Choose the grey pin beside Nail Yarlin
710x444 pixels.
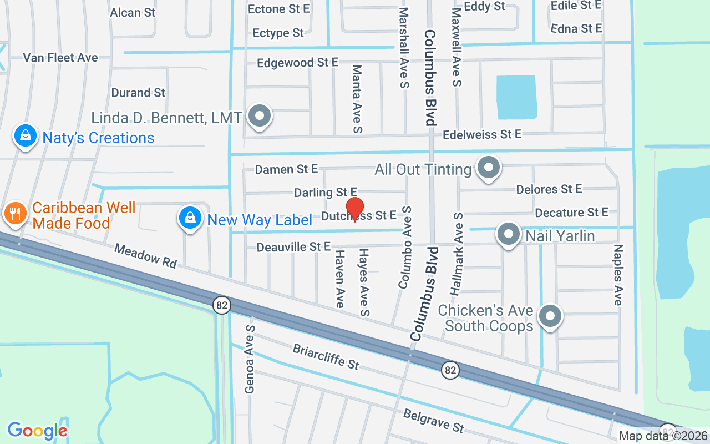pyautogui.click(x=508, y=234)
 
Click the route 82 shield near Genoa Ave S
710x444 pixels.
pyautogui.click(x=222, y=305)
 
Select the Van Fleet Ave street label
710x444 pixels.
pyautogui.click(x=60, y=58)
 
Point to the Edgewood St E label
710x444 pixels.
pyautogui.click(x=297, y=63)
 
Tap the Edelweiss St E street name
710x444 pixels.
pyautogui.click(x=482, y=134)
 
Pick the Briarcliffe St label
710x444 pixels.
pyautogui.click(x=326, y=357)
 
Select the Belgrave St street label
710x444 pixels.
pyautogui.click(x=433, y=421)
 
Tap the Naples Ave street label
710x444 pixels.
pyautogui.click(x=618, y=275)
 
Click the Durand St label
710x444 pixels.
pyautogui.click(x=139, y=93)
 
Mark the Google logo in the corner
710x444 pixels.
pyautogui.click(x=37, y=431)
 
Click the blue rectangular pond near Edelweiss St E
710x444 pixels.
pyautogui.click(x=516, y=97)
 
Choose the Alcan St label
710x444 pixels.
pyautogui.click(x=133, y=12)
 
